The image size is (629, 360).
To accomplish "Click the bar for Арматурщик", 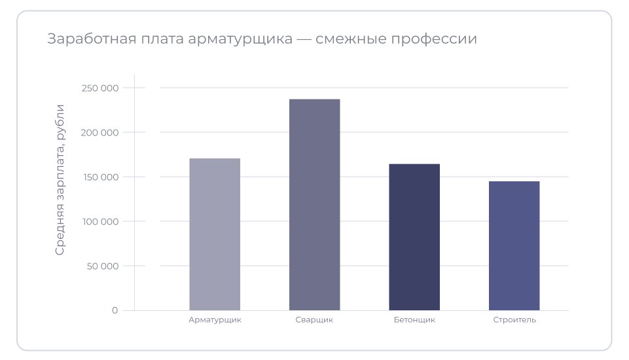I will point(215,234).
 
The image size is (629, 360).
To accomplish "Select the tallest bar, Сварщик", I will point(314,205).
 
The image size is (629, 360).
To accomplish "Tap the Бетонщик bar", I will point(414,237).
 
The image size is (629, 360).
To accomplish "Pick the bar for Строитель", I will point(514,245).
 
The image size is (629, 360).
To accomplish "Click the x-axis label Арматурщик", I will point(215,320).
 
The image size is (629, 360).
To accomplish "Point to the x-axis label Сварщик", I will point(314,320).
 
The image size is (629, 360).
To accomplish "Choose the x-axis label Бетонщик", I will point(414,320).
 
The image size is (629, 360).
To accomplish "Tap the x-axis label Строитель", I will point(514,320).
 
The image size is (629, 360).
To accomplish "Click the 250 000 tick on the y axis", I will point(100,88).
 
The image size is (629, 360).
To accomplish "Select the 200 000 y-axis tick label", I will point(100,132).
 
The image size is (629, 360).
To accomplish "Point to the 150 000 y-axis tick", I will point(100,177).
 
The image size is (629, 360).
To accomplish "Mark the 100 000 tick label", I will point(100,221).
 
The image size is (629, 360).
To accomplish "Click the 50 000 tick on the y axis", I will point(102,266).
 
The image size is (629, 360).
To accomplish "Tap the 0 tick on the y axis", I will point(115,310).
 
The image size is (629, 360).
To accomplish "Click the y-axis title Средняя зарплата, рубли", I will point(60,179).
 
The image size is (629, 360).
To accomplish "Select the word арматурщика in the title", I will point(240,39).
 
